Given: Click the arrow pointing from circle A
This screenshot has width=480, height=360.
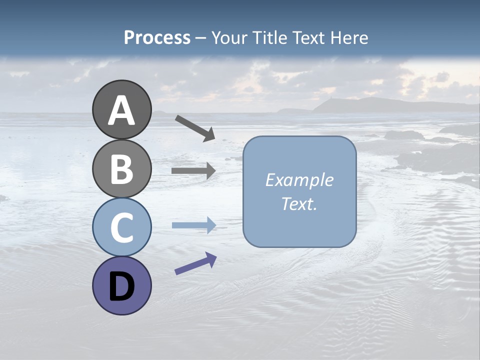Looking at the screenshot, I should pos(195,127).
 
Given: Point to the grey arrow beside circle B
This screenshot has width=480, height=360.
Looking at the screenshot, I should pos(193,170).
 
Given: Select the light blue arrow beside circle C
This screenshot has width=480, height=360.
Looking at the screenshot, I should pos(193,225).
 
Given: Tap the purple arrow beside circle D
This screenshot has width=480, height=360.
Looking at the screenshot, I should pos(195,263).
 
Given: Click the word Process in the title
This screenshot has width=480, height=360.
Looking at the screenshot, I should pos(157,38).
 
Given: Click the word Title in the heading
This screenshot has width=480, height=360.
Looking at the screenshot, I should pos(270,38).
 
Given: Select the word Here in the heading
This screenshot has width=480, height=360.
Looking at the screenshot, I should pos(349,38).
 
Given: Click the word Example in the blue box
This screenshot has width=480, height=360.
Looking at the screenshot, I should pos(299,180).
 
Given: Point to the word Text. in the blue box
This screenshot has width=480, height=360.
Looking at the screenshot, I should pos(299,203).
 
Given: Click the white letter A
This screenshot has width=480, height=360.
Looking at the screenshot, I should pos(121,110).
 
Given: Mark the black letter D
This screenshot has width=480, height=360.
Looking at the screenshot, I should pos(121,286).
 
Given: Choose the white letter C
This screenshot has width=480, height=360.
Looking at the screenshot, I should pos(121,228).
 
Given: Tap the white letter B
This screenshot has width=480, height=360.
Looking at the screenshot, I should pos(121,169).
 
